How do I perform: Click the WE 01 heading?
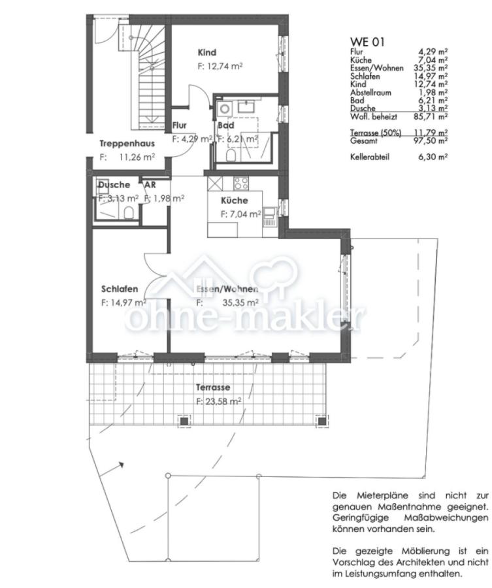[x=368, y=42]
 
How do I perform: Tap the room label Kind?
[x=207, y=52]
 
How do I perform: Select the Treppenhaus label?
[x=127, y=144]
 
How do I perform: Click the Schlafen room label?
[x=119, y=289]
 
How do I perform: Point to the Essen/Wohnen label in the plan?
[x=227, y=289]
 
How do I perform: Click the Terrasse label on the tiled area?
[x=213, y=387]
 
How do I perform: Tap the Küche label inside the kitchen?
[x=234, y=201]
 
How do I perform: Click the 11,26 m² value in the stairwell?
[x=137, y=157]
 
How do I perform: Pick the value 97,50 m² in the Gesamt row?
[x=433, y=140]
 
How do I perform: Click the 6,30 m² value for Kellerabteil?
[x=433, y=157]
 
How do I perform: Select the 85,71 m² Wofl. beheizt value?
[x=433, y=116]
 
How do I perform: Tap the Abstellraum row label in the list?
[x=370, y=92]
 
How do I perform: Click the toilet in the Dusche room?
[x=129, y=212]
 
